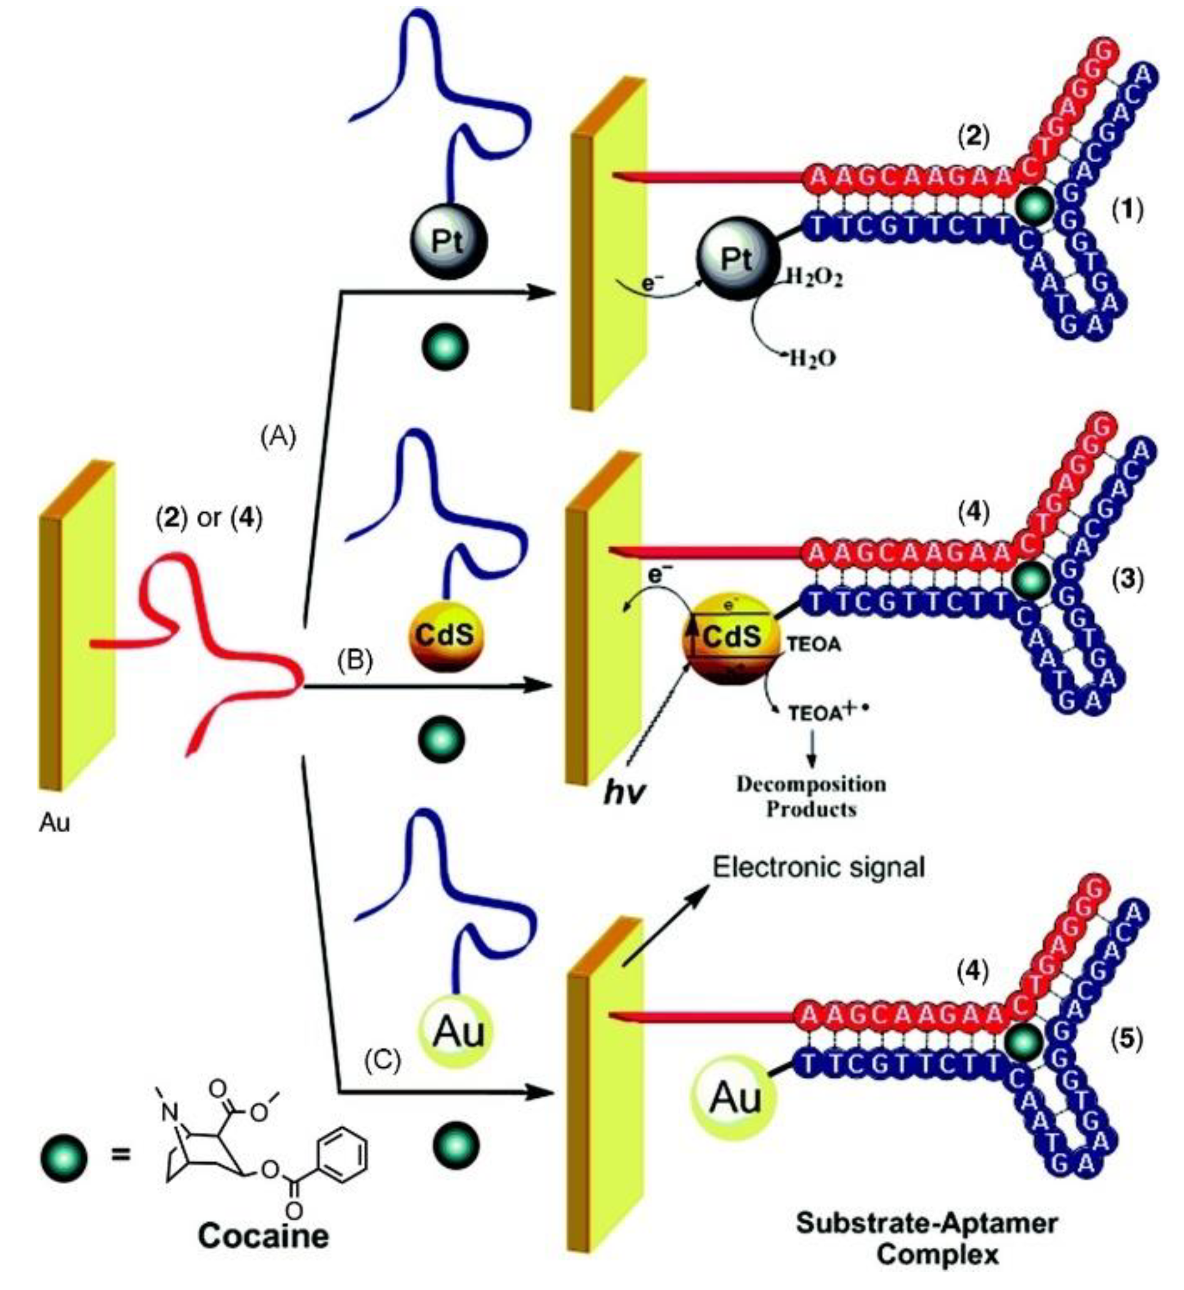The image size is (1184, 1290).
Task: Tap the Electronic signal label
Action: click(819, 868)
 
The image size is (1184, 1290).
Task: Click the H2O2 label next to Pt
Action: click(813, 277)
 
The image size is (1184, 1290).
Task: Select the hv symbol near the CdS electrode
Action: click(624, 792)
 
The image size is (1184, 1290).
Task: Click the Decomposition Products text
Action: click(811, 797)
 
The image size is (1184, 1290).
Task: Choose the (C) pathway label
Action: click(382, 1061)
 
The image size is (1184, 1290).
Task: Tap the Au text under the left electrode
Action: click(54, 823)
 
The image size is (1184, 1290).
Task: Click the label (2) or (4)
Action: click(209, 518)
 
